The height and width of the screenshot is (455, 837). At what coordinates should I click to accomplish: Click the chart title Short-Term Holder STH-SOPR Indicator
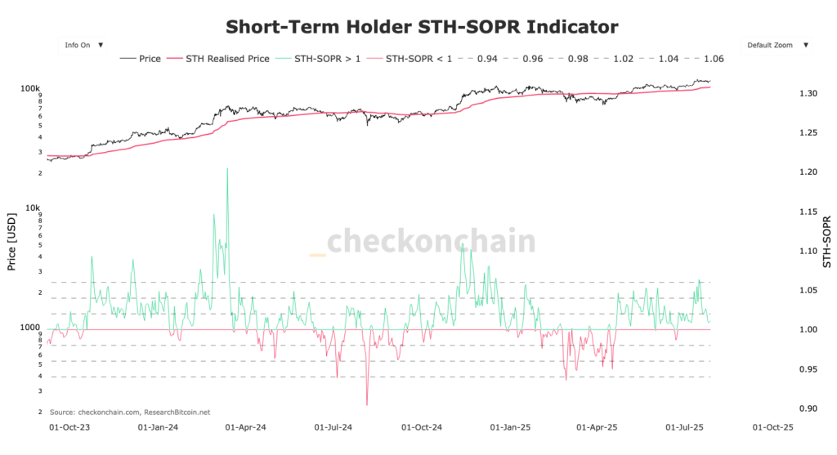click(422, 26)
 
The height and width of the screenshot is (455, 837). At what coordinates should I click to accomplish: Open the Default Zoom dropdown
click(776, 45)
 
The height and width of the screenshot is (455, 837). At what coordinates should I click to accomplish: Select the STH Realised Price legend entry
click(218, 59)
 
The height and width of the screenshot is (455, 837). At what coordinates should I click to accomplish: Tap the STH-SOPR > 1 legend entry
click(318, 59)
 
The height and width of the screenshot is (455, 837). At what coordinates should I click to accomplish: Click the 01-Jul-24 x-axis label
click(333, 426)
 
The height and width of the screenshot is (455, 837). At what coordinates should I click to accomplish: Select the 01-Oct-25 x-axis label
click(772, 426)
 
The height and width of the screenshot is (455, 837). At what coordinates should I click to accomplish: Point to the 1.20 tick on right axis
click(807, 172)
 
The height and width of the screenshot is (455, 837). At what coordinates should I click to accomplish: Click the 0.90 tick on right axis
click(807, 408)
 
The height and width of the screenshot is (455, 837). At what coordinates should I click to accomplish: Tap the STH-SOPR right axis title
click(826, 243)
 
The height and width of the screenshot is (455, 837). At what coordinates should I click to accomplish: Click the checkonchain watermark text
click(431, 242)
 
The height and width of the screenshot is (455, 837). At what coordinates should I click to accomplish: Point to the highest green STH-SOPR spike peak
click(226, 169)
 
